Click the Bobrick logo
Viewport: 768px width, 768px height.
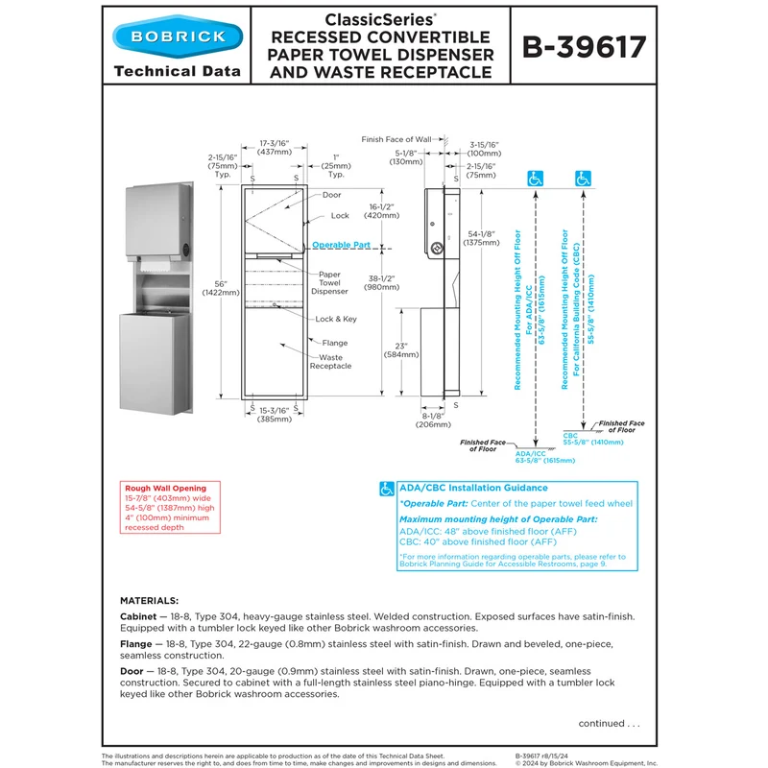pyautogui.click(x=178, y=36)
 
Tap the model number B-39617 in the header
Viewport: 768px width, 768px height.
pyautogui.click(x=584, y=47)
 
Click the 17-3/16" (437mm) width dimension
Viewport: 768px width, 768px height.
pyautogui.click(x=275, y=148)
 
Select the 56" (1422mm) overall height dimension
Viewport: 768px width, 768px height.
pyautogui.click(x=221, y=288)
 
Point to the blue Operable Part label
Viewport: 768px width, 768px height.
pyautogui.click(x=341, y=245)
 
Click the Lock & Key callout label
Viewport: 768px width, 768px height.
pyautogui.click(x=336, y=319)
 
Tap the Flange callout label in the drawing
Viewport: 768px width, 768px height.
pyautogui.click(x=335, y=343)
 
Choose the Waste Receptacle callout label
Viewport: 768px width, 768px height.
pyautogui.click(x=330, y=362)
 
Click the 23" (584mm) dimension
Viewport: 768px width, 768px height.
pyautogui.click(x=401, y=350)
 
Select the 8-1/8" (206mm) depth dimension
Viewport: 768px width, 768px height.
pyautogui.click(x=433, y=420)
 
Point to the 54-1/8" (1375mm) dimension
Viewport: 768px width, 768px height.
pyautogui.click(x=482, y=238)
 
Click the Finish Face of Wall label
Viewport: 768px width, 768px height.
pyautogui.click(x=396, y=139)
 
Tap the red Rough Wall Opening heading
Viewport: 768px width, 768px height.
pyautogui.click(x=165, y=489)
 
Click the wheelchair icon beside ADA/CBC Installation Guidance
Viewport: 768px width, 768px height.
pyautogui.click(x=387, y=489)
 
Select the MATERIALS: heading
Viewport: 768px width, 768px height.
pyautogui.click(x=150, y=601)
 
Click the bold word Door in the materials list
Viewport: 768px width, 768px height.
pyautogui.click(x=132, y=671)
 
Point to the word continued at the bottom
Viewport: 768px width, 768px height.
pyautogui.click(x=602, y=724)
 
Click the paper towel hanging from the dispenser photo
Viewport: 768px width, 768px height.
pyautogui.click(x=156, y=266)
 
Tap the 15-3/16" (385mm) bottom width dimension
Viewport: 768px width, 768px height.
pyautogui.click(x=275, y=415)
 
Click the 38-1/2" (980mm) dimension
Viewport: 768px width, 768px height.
pyautogui.click(x=381, y=282)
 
